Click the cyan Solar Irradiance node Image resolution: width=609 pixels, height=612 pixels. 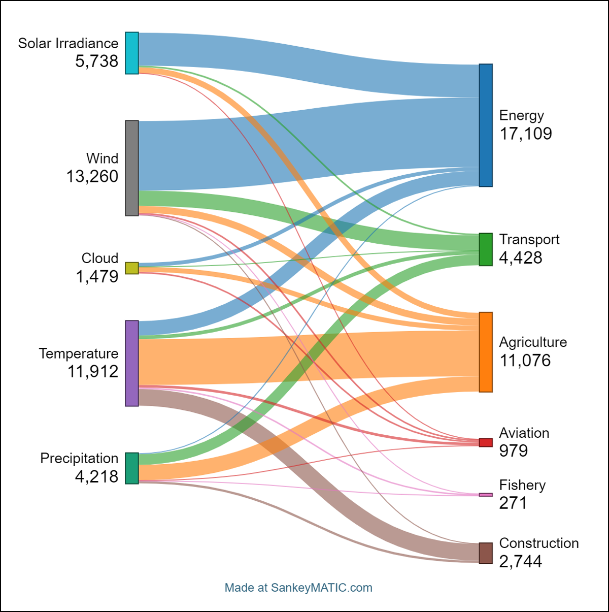132,53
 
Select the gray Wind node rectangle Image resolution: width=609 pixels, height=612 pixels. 132,168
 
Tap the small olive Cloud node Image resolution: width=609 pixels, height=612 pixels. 132,268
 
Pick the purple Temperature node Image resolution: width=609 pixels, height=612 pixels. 132,363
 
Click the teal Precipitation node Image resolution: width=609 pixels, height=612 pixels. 132,468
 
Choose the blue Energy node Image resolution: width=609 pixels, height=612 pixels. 486,125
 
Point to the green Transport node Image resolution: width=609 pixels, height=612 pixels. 486,249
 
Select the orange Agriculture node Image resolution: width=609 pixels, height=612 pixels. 486,352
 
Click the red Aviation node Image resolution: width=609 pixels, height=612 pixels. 486,442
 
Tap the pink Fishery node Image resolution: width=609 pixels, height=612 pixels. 486,495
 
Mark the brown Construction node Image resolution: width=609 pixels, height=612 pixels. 486,553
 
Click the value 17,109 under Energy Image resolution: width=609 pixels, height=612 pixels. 525,134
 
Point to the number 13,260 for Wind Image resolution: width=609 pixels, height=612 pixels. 92,177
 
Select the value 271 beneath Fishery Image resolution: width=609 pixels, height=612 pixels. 513,503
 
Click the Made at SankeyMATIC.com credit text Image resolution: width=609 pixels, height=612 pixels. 298,588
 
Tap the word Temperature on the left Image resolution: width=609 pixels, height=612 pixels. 79,353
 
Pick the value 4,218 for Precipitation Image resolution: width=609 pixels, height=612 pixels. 96,476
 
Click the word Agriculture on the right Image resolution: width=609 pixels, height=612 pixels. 533,342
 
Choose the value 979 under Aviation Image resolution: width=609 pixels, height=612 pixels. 513,450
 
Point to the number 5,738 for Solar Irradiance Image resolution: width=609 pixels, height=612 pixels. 96,61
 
